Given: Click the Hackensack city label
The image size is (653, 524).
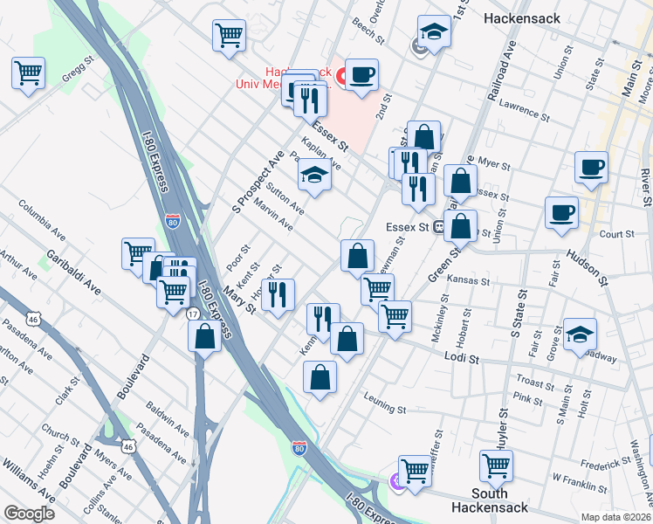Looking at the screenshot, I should [x=521, y=17].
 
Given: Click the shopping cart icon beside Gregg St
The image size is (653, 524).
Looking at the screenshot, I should [x=28, y=72].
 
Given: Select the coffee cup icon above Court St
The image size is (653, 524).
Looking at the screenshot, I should [x=561, y=212].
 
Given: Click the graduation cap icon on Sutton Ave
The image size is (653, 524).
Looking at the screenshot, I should [x=314, y=177].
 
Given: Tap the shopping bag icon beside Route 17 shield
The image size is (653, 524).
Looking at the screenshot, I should [x=204, y=337].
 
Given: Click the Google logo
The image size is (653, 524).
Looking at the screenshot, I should [x=29, y=514].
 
